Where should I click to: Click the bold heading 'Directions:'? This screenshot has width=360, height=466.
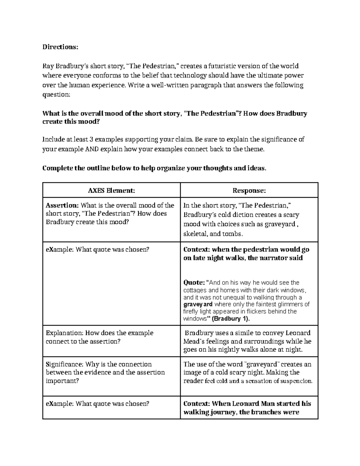60,47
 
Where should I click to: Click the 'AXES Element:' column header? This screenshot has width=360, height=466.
111,191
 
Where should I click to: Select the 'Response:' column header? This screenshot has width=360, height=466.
249,191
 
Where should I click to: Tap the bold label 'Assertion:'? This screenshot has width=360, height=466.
62,206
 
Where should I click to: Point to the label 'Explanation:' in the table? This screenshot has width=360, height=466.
64,333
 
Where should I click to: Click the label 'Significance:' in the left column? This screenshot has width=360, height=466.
64,364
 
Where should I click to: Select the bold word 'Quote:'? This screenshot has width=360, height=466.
194,283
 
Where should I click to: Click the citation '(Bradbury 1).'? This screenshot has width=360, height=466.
230,319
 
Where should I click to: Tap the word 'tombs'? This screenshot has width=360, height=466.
231,234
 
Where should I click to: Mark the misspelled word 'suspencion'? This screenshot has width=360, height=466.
298,381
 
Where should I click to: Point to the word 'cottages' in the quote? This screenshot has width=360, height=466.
194,290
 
